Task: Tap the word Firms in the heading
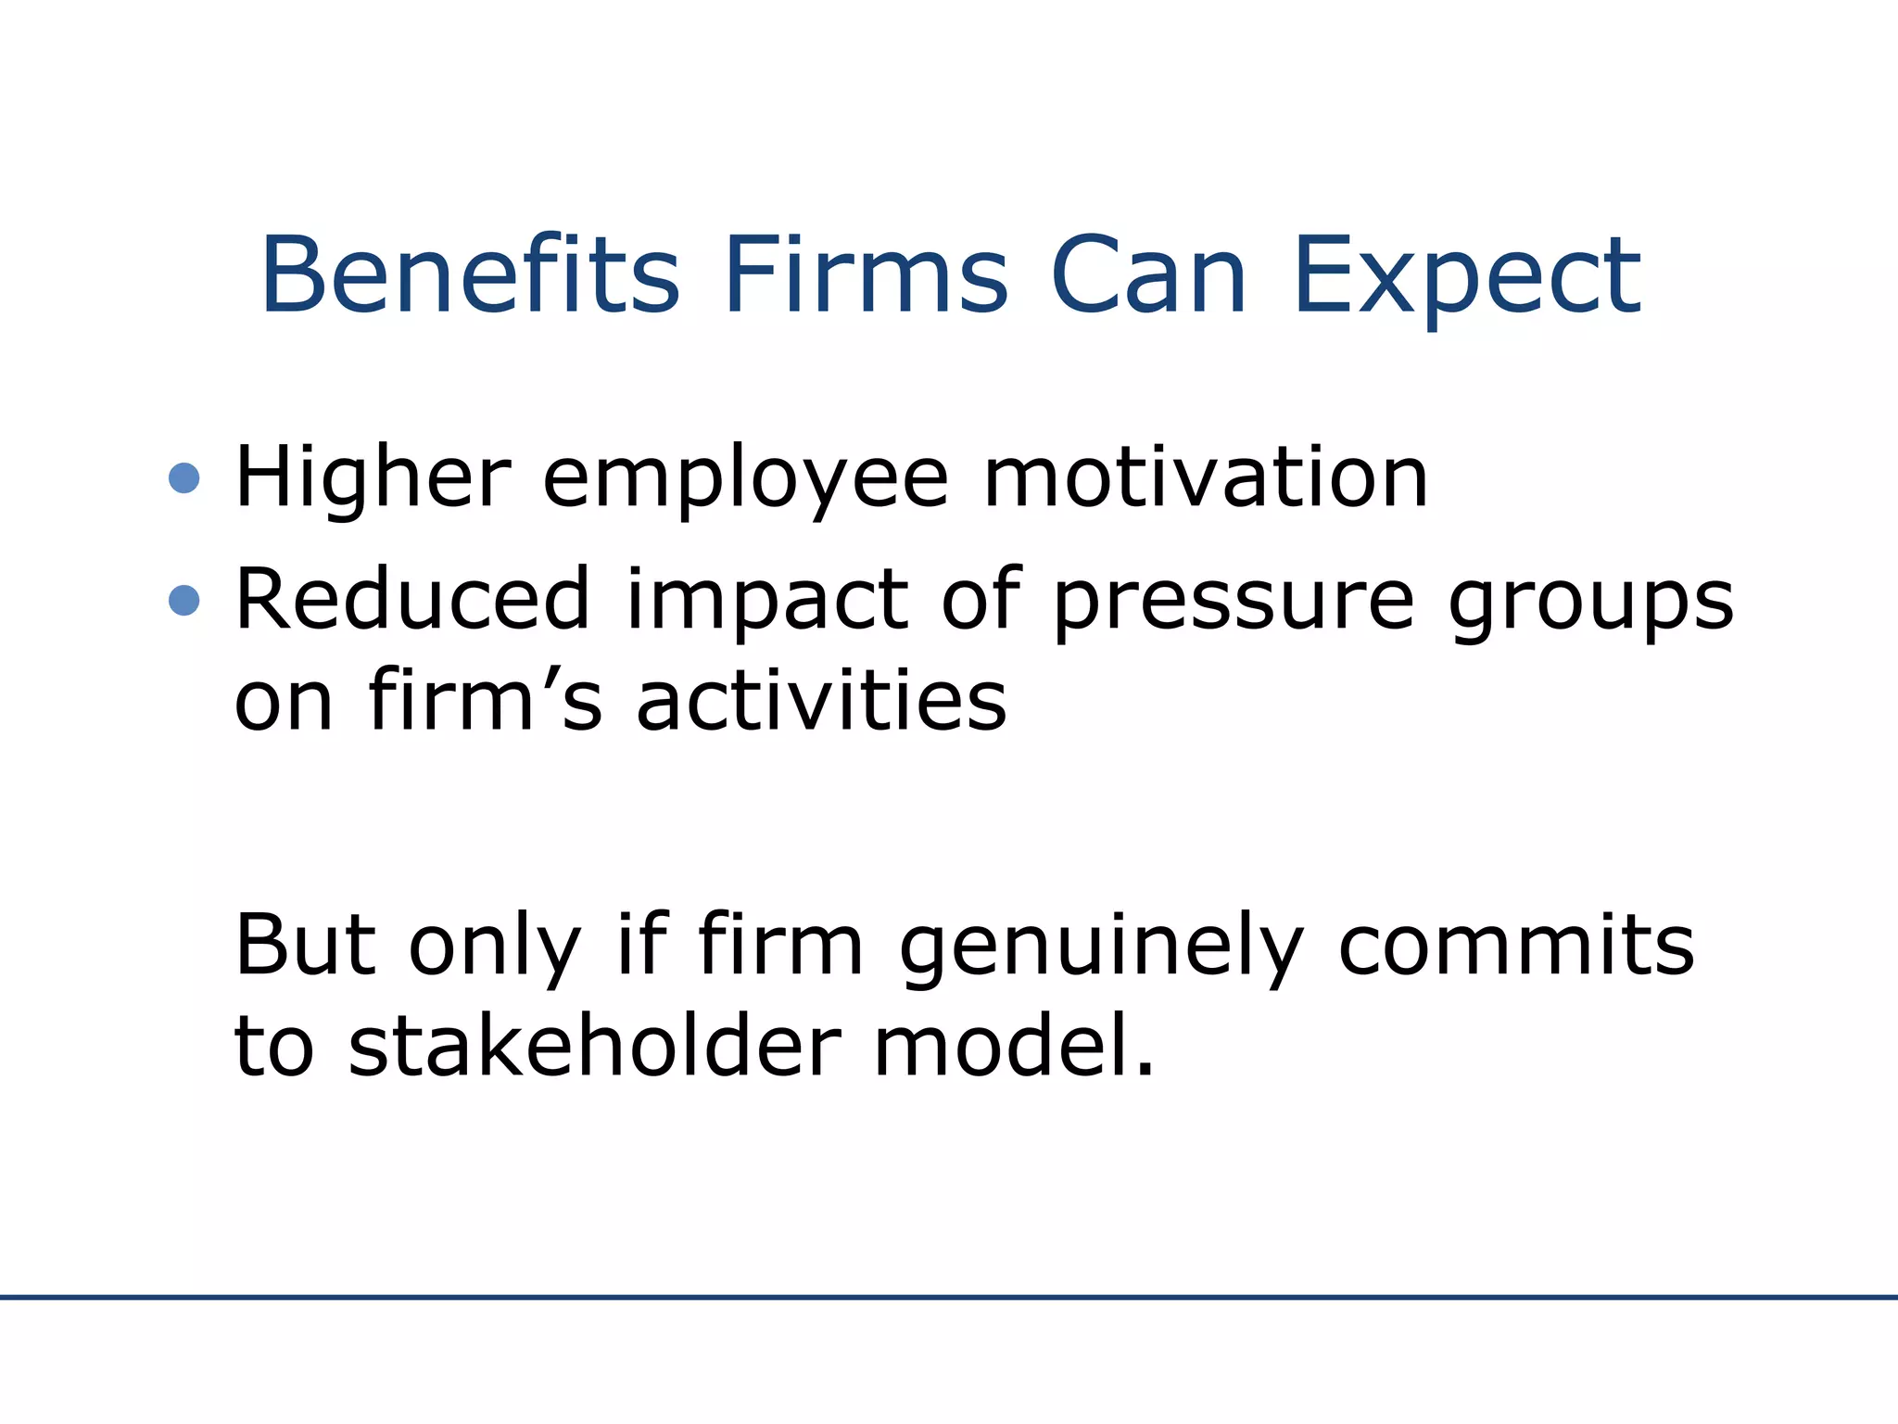click(866, 275)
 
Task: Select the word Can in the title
click(1148, 275)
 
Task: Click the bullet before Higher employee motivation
click(184, 478)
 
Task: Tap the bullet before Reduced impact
click(184, 601)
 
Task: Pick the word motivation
click(1205, 478)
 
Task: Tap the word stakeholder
click(594, 1044)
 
